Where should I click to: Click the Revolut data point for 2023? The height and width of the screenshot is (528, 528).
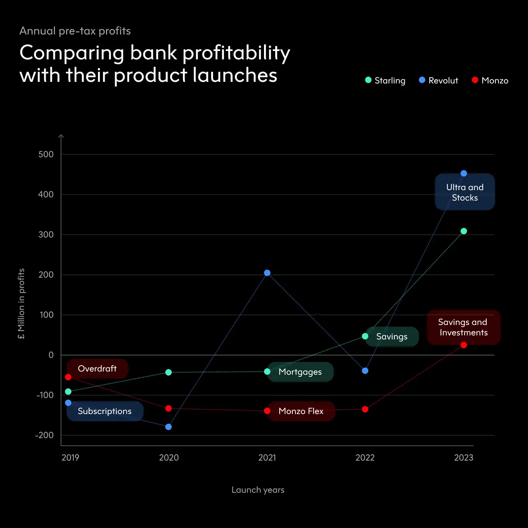[x=464, y=173]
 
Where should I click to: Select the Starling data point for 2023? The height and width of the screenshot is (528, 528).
[x=464, y=231]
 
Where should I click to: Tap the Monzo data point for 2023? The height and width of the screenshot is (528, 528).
[x=464, y=345]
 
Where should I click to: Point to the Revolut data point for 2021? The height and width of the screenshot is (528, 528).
[x=267, y=273]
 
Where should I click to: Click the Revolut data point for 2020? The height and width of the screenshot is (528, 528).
[x=169, y=427]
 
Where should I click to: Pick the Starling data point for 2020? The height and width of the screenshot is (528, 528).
[x=169, y=372]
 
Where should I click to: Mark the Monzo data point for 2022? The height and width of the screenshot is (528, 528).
[x=365, y=409]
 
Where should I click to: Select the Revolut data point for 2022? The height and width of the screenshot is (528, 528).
[x=365, y=371]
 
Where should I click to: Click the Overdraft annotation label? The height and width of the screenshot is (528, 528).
[x=97, y=369]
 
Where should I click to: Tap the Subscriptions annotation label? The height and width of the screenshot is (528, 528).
[x=105, y=411]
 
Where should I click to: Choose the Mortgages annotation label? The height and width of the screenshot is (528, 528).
[x=300, y=372]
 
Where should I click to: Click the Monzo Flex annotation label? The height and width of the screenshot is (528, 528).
[x=301, y=411]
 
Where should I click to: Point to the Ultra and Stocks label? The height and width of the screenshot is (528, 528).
[x=465, y=193]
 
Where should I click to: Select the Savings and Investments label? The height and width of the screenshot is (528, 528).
[x=463, y=327]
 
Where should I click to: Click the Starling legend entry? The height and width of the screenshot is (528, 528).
[x=386, y=81]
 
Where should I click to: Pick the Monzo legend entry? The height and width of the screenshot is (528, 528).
[x=490, y=81]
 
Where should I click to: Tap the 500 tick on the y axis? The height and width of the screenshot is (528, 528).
[x=46, y=154]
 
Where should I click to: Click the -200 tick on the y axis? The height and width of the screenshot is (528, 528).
[x=44, y=435]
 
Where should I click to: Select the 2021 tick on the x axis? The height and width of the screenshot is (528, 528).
[x=267, y=458]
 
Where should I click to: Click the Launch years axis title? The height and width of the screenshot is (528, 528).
[x=258, y=490]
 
